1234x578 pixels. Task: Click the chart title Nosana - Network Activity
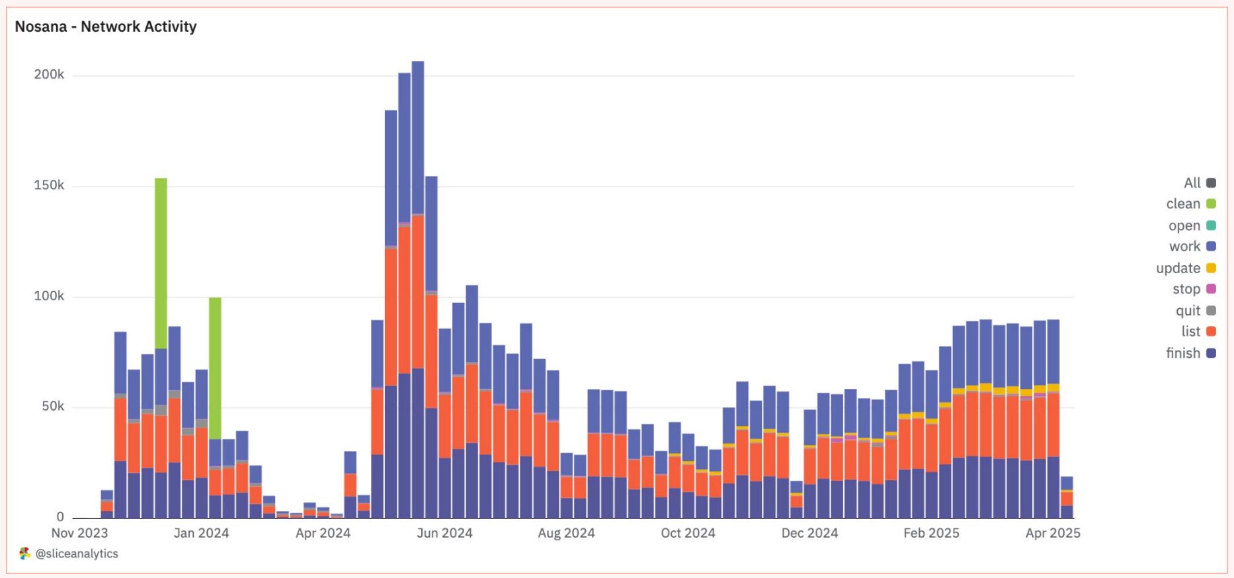(106, 26)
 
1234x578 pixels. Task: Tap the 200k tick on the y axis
(49, 75)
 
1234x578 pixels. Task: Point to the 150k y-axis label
(49, 185)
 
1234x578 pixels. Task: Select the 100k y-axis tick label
(49, 296)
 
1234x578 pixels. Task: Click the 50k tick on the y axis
(52, 406)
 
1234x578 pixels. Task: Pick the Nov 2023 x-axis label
(79, 533)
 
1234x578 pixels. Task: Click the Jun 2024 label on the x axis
(444, 533)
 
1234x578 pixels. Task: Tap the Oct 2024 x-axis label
(688, 533)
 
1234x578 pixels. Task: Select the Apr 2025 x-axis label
(1052, 533)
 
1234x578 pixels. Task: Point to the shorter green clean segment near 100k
(215, 367)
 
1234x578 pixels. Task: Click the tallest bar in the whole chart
(418, 265)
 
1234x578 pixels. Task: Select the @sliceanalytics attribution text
(77, 554)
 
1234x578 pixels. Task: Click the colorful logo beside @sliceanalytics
(25, 554)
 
